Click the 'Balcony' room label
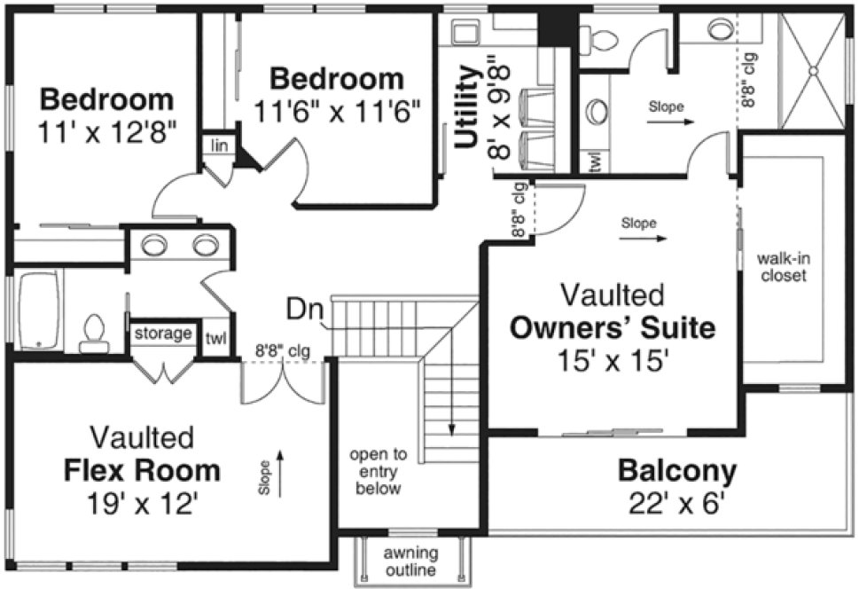click(677, 469)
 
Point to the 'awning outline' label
click(409, 562)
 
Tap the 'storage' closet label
click(164, 334)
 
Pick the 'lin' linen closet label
click(216, 144)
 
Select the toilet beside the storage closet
click(92, 331)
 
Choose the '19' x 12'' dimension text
click(143, 503)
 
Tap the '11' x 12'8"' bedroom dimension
click(107, 133)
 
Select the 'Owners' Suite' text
click(613, 328)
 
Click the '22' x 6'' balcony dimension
click(677, 503)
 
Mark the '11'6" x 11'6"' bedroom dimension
click(337, 113)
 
